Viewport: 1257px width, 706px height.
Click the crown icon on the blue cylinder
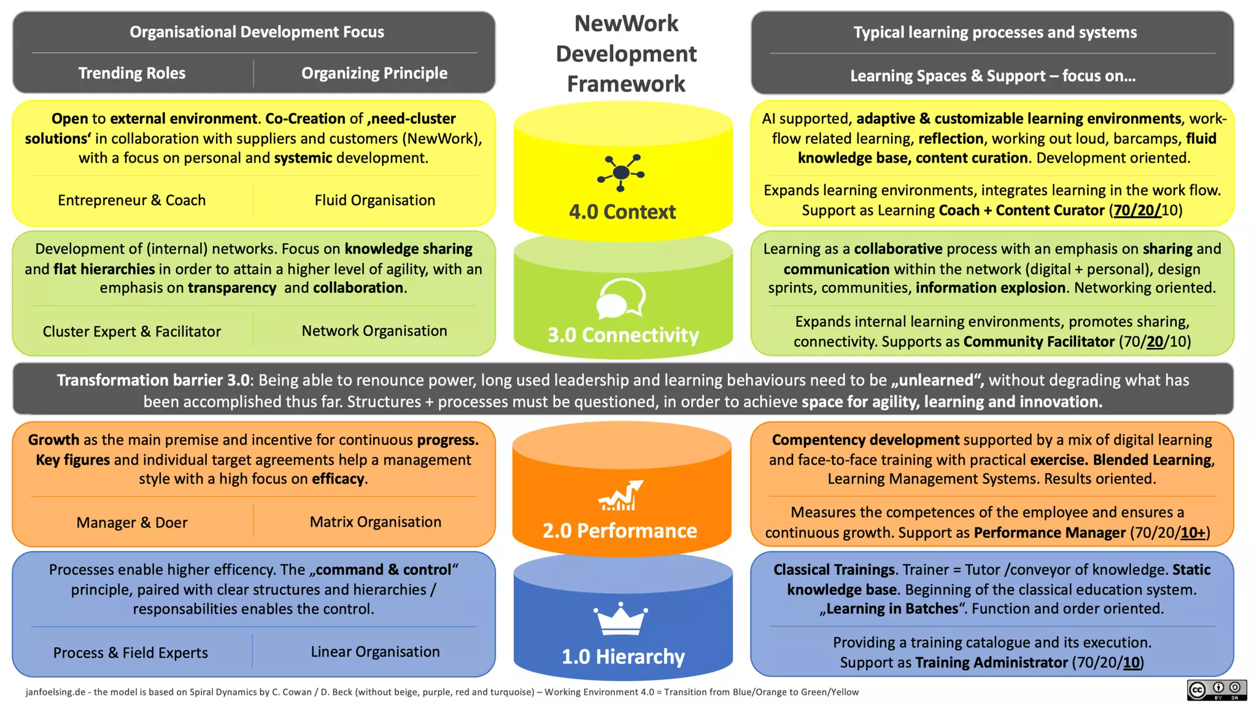coord(620,619)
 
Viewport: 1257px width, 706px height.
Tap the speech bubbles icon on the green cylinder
coord(621,299)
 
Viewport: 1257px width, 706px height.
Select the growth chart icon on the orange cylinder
coord(621,496)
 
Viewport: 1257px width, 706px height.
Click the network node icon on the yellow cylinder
coord(621,173)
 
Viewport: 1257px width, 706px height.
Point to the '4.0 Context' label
coord(622,212)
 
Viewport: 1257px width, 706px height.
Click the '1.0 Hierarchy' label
coord(622,656)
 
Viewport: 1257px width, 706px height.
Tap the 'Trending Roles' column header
coord(131,73)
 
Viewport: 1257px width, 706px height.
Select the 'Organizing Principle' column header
coord(374,73)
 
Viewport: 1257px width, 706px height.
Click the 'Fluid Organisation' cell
coord(374,200)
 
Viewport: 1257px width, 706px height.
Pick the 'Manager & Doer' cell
coord(131,522)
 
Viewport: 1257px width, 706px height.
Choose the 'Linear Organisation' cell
coord(375,651)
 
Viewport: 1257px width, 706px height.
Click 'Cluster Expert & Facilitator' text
coord(131,332)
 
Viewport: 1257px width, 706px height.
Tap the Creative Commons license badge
coord(1216,690)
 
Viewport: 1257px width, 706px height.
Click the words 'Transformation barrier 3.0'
coord(153,380)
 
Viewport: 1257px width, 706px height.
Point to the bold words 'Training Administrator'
coord(991,662)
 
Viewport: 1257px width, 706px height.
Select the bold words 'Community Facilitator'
coord(1038,341)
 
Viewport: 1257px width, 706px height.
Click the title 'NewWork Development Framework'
coord(625,54)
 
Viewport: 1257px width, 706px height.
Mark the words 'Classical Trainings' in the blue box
coord(833,570)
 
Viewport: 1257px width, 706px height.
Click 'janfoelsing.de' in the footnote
coord(55,692)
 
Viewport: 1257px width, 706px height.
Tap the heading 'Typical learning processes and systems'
coord(994,33)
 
